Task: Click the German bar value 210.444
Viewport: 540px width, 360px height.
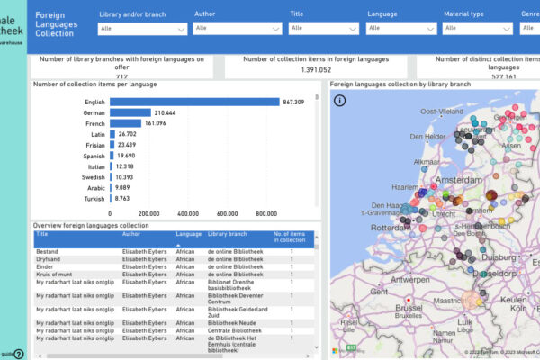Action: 165,113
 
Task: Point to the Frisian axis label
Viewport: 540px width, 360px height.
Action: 96,144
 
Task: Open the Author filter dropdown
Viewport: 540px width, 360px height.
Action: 238,29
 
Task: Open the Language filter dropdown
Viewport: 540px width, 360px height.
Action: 400,29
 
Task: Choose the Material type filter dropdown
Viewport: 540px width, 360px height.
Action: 478,29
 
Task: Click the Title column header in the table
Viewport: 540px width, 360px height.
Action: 42,234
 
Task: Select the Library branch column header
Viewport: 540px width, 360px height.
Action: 228,234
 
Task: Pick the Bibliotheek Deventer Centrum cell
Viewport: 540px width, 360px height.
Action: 236,297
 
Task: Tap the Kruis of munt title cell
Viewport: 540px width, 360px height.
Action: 54,274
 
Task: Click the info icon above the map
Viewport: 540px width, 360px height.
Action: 339,101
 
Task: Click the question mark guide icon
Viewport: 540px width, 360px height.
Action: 19,354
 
